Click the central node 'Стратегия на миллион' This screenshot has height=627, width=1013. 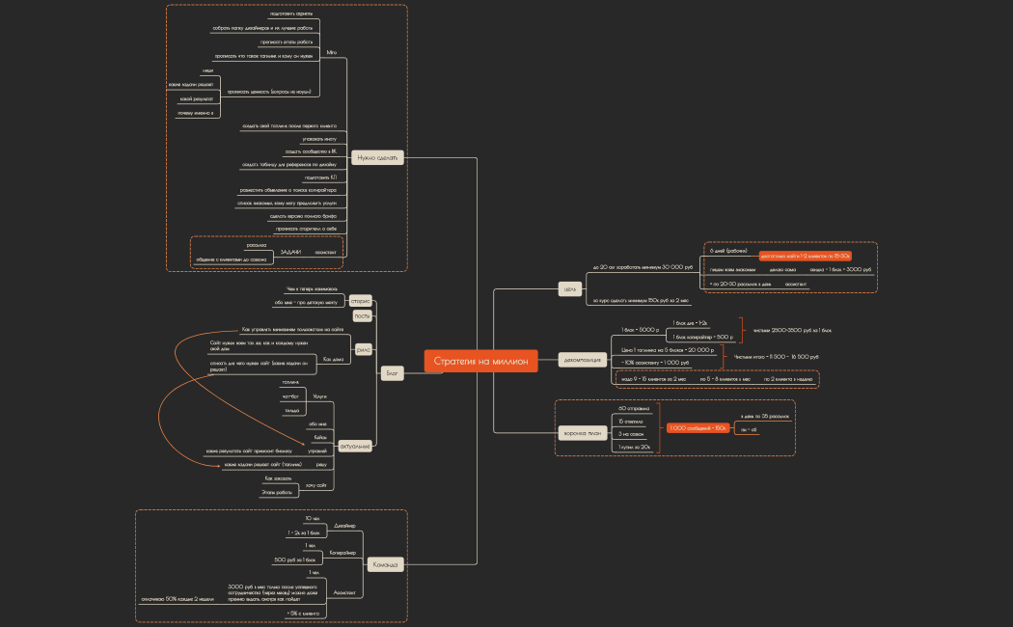(481, 361)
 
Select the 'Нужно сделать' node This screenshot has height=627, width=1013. (377, 157)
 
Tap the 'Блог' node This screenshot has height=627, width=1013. (392, 372)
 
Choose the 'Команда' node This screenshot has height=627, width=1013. (386, 563)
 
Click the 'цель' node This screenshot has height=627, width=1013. (569, 286)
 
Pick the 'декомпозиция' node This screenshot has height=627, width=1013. (582, 361)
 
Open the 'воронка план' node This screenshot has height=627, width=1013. (582, 433)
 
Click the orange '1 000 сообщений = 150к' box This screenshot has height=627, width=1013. (697, 427)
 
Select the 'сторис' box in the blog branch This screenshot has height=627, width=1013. (361, 301)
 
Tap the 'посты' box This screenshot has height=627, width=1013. (363, 315)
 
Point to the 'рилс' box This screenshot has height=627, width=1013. (364, 349)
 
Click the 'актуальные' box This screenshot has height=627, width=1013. (356, 446)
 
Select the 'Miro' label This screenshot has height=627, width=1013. (332, 51)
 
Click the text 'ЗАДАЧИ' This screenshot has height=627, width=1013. (290, 252)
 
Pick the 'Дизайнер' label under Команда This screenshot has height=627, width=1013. (345, 526)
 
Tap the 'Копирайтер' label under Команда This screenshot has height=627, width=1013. (342, 553)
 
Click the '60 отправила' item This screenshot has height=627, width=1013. (634, 408)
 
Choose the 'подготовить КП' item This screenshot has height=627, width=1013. (320, 177)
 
